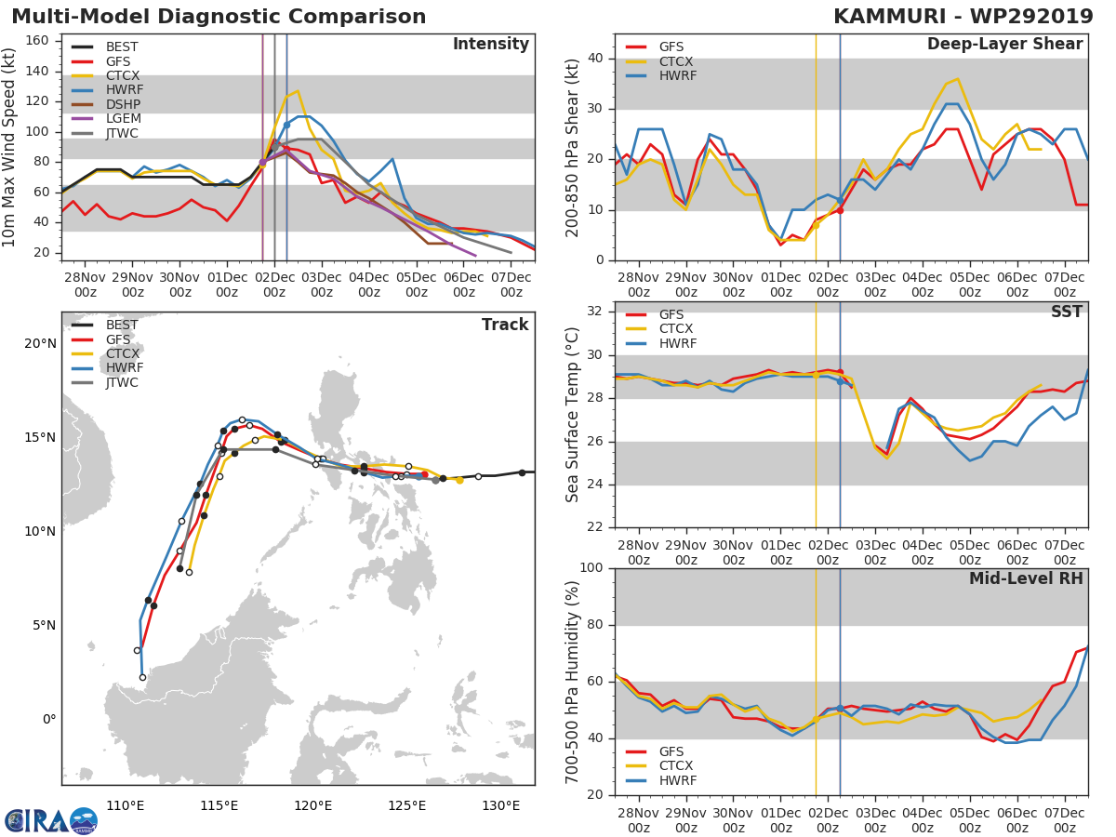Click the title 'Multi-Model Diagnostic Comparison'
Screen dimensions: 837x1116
tap(219, 17)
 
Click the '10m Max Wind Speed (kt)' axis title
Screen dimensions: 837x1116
tap(11, 149)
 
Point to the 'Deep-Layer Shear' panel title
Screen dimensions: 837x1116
tap(1004, 45)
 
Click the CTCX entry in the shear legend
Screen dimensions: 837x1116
tap(675, 61)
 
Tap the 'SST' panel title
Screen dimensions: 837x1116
tap(1066, 312)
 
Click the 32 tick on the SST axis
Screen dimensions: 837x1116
tap(597, 312)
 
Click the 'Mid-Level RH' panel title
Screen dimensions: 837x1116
tap(1026, 579)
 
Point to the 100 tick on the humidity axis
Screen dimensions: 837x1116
tap(592, 568)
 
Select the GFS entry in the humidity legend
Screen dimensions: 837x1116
tap(672, 751)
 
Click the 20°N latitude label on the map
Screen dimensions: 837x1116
tap(41, 344)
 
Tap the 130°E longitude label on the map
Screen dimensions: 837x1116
tap(501, 805)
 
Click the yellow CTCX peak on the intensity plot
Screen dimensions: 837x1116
tap(297, 91)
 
